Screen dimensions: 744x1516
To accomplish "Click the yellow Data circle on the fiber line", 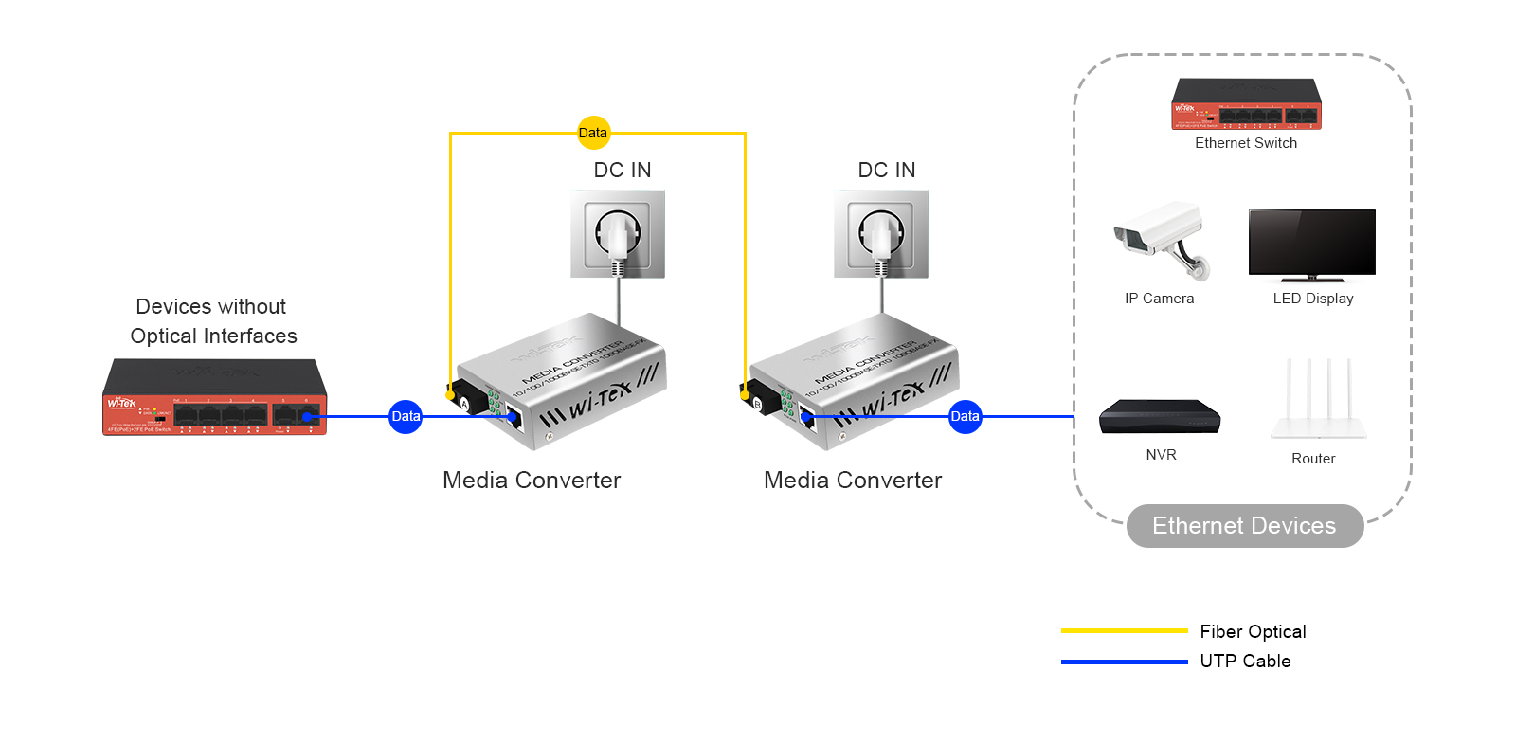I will click(x=593, y=133).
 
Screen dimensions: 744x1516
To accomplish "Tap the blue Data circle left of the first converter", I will click(x=406, y=416).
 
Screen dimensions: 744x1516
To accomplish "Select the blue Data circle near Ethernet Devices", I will click(x=965, y=416).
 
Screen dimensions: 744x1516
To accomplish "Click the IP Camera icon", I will click(x=1161, y=240).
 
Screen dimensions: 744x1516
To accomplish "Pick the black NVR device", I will click(x=1160, y=416).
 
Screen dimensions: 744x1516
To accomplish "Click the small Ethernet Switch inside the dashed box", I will click(x=1246, y=104).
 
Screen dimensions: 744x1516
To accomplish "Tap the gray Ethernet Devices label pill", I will click(x=1244, y=526).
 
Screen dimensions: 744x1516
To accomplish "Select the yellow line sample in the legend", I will click(x=1124, y=630).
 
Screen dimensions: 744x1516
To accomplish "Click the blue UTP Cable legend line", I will click(x=1124, y=662).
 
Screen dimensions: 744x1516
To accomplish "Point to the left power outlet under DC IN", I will click(x=618, y=234).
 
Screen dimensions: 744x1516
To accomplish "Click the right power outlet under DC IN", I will click(x=881, y=234).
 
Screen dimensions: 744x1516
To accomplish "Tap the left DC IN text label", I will click(x=623, y=171).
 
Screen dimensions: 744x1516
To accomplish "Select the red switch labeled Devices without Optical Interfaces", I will click(x=215, y=398).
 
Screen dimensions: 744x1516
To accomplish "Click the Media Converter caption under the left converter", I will click(x=532, y=481).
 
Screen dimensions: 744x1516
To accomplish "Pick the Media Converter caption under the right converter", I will click(x=853, y=481).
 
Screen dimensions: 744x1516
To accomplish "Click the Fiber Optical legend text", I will click(x=1253, y=631).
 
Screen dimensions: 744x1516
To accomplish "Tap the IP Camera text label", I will click(x=1159, y=299).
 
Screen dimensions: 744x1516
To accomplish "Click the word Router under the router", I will click(x=1313, y=459).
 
